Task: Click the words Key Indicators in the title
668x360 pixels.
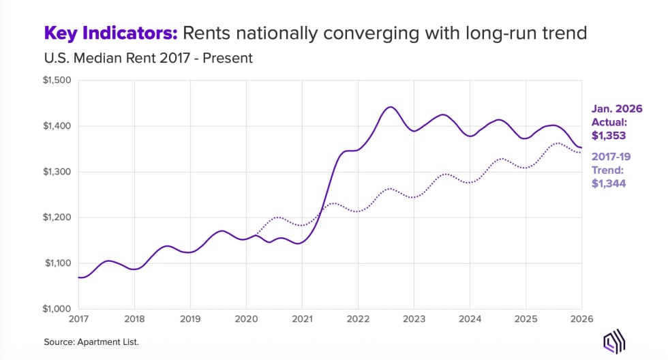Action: (110, 33)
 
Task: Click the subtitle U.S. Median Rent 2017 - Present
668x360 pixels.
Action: (149, 58)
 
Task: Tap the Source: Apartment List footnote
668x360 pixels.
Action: (91, 340)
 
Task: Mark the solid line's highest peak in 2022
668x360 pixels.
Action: (390, 107)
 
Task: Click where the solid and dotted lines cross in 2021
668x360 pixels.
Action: (322, 207)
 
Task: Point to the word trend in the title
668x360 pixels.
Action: (567, 33)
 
